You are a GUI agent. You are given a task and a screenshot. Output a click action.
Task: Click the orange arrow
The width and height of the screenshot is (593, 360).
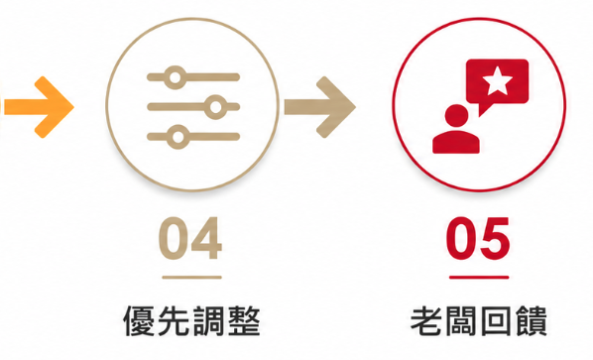click(x=38, y=107)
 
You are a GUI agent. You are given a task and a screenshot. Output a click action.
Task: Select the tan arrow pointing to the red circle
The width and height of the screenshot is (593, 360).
click(x=320, y=107)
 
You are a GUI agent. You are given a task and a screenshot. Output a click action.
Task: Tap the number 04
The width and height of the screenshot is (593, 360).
click(x=190, y=238)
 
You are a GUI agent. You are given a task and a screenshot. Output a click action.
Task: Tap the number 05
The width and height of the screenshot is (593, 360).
click(x=478, y=238)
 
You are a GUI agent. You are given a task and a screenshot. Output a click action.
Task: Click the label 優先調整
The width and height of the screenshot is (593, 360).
click(x=191, y=321)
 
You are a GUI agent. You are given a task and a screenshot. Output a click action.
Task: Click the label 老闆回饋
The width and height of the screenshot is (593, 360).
click(x=478, y=321)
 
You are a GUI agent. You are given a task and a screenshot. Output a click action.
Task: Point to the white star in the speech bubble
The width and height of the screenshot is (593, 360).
click(x=498, y=80)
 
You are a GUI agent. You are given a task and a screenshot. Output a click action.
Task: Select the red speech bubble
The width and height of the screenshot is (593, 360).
click(x=497, y=84)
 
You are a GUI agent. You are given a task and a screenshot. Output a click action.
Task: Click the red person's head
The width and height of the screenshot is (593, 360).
click(x=456, y=116)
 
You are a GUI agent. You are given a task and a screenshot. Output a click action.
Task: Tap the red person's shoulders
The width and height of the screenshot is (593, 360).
click(x=456, y=142)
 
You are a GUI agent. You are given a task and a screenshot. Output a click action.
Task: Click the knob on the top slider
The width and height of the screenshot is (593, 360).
click(x=175, y=77)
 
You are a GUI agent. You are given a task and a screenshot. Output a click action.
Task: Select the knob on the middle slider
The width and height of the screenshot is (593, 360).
click(x=215, y=107)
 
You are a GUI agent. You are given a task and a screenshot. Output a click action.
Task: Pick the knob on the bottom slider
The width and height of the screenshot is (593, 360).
click(x=178, y=137)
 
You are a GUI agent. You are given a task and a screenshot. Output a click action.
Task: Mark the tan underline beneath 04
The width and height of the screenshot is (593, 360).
click(x=191, y=277)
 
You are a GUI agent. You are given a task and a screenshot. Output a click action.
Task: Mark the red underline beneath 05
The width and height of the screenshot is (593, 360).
click(x=479, y=277)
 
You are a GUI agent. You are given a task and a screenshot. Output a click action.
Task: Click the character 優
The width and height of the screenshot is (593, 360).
click(x=139, y=321)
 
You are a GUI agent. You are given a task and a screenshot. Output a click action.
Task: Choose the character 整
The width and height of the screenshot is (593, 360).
click(x=244, y=321)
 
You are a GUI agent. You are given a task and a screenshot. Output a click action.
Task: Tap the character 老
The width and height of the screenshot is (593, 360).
click(x=427, y=321)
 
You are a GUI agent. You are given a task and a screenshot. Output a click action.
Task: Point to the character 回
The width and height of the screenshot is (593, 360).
click(x=496, y=321)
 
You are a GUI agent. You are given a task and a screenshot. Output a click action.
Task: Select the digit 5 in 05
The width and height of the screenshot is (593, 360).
click(x=495, y=239)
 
